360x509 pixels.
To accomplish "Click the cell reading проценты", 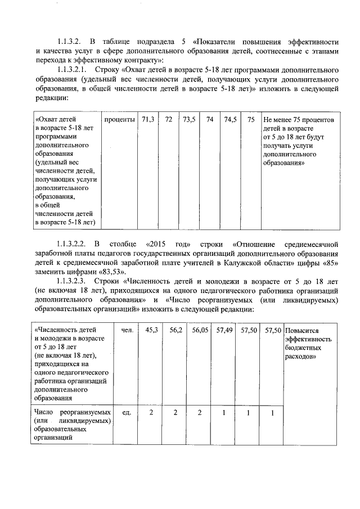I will (119, 120).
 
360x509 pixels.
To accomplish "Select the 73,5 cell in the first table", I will (189, 120).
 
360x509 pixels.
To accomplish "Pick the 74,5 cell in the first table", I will (230, 120).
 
